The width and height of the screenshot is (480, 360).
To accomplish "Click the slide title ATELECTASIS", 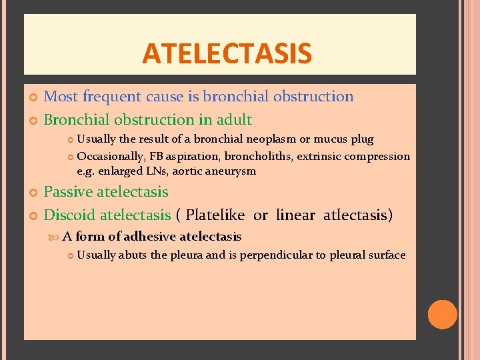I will tap(227, 53).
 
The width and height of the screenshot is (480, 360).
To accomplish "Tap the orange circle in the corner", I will tap(442, 315).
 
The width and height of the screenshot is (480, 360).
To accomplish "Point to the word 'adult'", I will tap(233, 120).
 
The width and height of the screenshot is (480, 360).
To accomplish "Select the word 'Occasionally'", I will tap(108, 157).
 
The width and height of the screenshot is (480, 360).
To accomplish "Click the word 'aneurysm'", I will tap(231, 171).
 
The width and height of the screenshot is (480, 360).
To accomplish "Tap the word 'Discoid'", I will tap(69, 215).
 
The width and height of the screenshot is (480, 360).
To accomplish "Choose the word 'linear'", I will tap(295, 215).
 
